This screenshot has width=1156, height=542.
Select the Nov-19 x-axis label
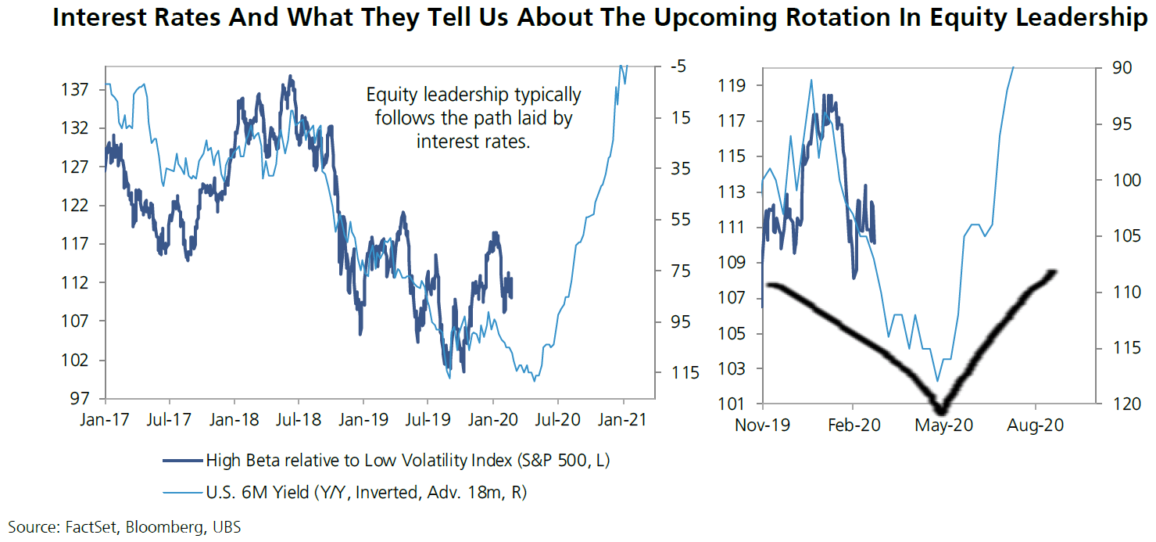[762, 426]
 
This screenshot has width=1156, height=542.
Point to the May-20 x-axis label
[943, 426]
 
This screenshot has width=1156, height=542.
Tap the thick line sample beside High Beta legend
[182, 460]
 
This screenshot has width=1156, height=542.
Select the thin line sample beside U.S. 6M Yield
[182, 491]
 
